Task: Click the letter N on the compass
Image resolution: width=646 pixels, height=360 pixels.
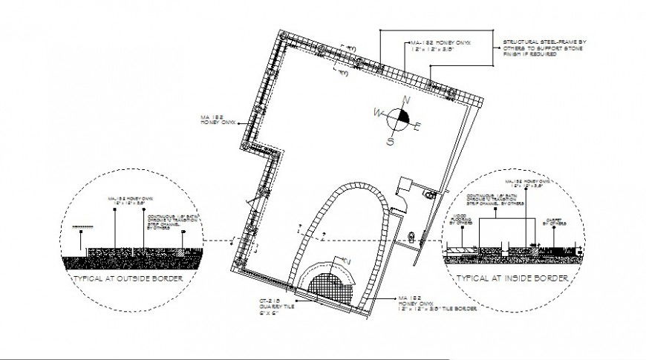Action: point(405,100)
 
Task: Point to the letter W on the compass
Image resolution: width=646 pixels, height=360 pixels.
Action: point(378,113)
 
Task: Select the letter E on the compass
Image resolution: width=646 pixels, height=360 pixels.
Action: point(418,126)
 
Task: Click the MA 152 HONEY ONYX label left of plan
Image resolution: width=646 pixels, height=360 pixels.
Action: point(216,120)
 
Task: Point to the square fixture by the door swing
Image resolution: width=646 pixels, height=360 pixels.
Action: point(405,184)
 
